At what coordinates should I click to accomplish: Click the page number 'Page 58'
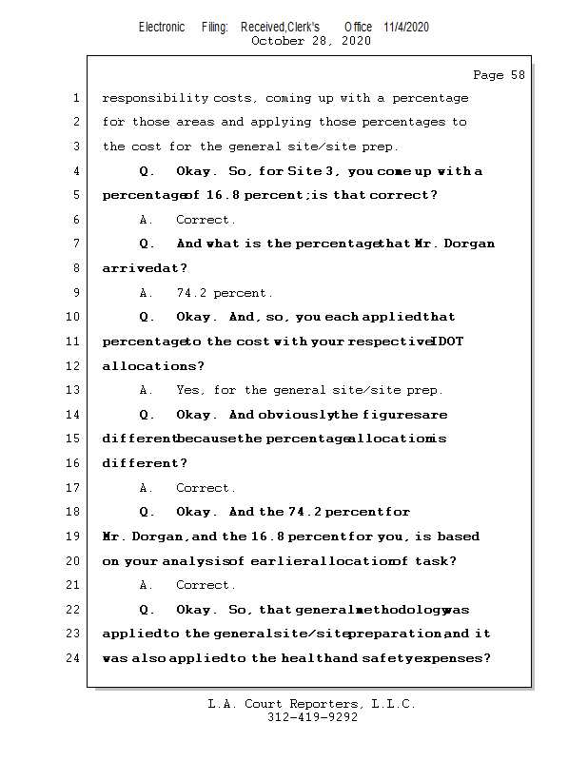tap(499, 75)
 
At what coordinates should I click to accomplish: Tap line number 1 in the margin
tap(76, 98)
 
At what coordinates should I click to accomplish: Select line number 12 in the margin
tap(73, 366)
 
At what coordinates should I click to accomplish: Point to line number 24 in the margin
tap(73, 657)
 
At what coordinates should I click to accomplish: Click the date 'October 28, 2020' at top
tap(310, 41)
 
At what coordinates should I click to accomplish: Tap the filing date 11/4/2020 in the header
tap(406, 27)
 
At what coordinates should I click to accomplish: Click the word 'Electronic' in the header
tap(162, 27)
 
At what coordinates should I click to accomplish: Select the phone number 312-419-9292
tap(312, 717)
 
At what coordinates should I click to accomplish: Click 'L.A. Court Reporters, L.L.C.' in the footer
tap(312, 704)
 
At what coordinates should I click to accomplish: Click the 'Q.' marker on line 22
tap(147, 609)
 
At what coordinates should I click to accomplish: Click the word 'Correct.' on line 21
tap(206, 585)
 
